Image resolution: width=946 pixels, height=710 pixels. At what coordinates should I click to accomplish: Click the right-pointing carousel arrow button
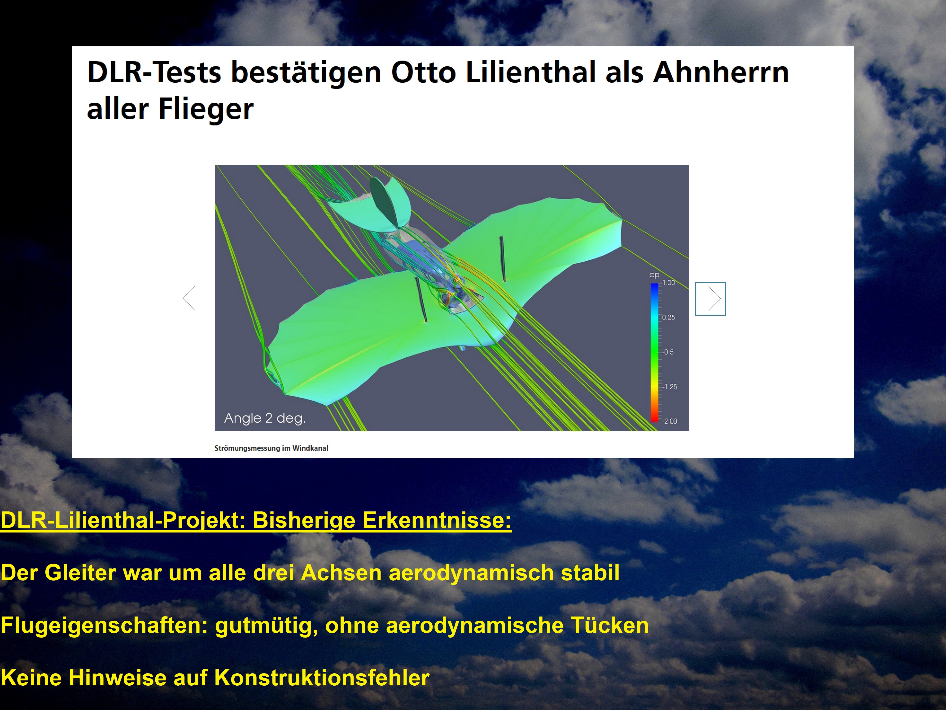[x=710, y=299]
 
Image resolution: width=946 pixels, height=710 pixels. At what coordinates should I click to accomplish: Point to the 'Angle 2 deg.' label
[x=265, y=418]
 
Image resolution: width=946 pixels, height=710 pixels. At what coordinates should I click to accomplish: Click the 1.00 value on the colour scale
[x=669, y=283]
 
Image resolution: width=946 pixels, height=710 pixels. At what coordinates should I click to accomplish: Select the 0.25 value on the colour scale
[x=668, y=318]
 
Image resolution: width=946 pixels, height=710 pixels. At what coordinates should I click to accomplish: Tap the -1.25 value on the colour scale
[x=670, y=387]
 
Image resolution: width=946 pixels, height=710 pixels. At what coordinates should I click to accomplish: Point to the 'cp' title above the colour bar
[x=654, y=275]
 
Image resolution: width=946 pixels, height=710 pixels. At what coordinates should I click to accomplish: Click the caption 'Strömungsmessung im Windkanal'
[x=271, y=448]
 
